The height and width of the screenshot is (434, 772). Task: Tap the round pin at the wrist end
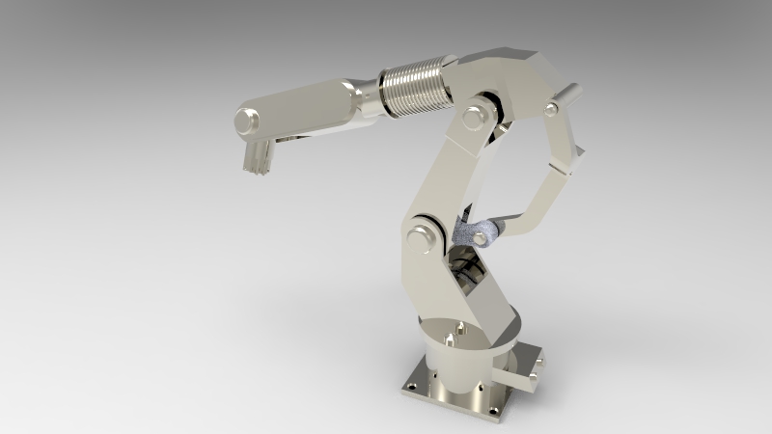(247, 122)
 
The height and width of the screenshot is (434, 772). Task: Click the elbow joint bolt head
(474, 117)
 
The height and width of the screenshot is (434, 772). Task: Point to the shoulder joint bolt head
(418, 238)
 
